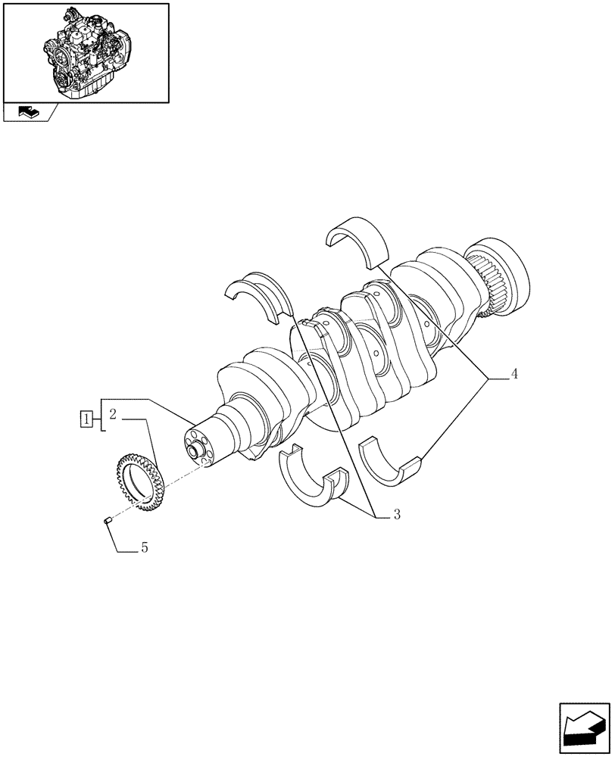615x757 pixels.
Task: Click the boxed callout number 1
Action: [88, 419]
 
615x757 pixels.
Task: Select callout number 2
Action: [111, 414]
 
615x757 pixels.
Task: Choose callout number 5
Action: [144, 547]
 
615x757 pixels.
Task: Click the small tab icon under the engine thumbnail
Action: [29, 112]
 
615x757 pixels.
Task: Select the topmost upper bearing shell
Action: [357, 240]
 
